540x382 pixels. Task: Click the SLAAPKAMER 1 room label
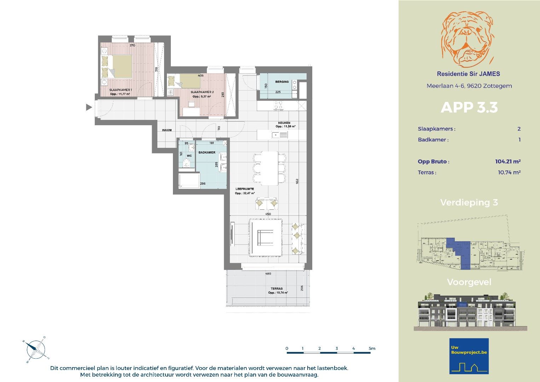(120, 90)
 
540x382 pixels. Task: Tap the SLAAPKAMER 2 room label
(202, 92)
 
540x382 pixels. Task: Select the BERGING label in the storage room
(282, 82)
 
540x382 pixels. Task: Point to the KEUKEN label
(284, 123)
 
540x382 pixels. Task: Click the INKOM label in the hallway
(167, 130)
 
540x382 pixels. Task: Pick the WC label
(189, 156)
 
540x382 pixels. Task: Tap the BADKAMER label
(207, 152)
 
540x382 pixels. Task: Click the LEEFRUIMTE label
(244, 189)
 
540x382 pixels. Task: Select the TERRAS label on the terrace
(277, 289)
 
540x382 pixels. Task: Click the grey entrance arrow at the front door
(89, 107)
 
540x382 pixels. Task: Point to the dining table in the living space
(269, 168)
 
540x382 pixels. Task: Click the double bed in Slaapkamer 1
(119, 67)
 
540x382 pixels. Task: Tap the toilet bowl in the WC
(186, 163)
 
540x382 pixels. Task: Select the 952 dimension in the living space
(297, 181)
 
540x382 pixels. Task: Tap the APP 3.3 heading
(469, 108)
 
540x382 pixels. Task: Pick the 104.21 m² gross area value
(507, 162)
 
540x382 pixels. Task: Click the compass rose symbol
(35, 349)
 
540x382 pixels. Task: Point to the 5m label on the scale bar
(372, 348)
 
